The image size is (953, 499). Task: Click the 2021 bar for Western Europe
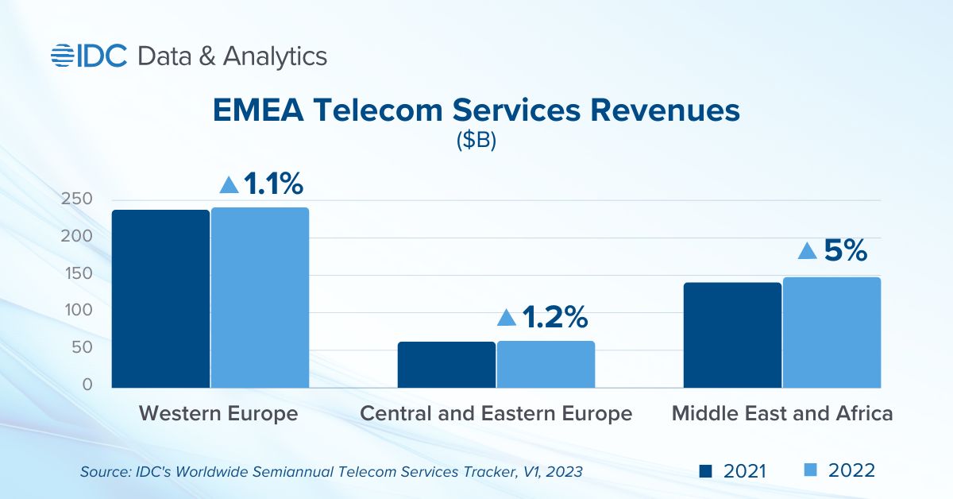click(161, 299)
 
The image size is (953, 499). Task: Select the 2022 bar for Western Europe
click(260, 298)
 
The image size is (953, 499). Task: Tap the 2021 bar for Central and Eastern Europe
click(446, 365)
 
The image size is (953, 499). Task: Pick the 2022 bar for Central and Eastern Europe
click(546, 364)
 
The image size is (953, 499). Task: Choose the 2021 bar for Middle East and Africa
click(732, 335)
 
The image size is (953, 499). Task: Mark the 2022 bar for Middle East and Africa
click(831, 332)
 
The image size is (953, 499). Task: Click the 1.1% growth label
click(272, 184)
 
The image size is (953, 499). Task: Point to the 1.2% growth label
click(554, 318)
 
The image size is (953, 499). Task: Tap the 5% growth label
click(843, 251)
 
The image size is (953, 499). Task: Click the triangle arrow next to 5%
click(807, 251)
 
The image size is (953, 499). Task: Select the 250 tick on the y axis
click(77, 199)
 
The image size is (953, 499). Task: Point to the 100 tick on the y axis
click(77, 311)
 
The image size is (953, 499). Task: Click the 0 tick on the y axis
click(87, 385)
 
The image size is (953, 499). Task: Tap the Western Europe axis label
click(218, 414)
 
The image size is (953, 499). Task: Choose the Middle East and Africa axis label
click(782, 414)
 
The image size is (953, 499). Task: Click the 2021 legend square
click(704, 471)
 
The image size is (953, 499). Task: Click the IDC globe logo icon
click(63, 55)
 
